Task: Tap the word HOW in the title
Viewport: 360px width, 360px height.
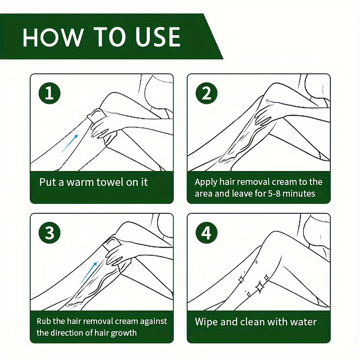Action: click(52, 37)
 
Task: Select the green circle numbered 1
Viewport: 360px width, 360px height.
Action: click(49, 93)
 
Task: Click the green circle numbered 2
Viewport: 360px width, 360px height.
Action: click(207, 93)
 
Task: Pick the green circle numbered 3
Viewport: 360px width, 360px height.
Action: click(49, 233)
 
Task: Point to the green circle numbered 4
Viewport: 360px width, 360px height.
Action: click(207, 233)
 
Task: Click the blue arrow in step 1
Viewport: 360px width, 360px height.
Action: click(69, 144)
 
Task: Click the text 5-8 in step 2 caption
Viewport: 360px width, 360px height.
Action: click(274, 193)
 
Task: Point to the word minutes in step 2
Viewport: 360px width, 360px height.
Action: click(299, 193)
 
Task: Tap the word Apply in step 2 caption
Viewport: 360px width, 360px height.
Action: click(206, 182)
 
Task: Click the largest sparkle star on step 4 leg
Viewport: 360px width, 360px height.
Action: click(260, 287)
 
